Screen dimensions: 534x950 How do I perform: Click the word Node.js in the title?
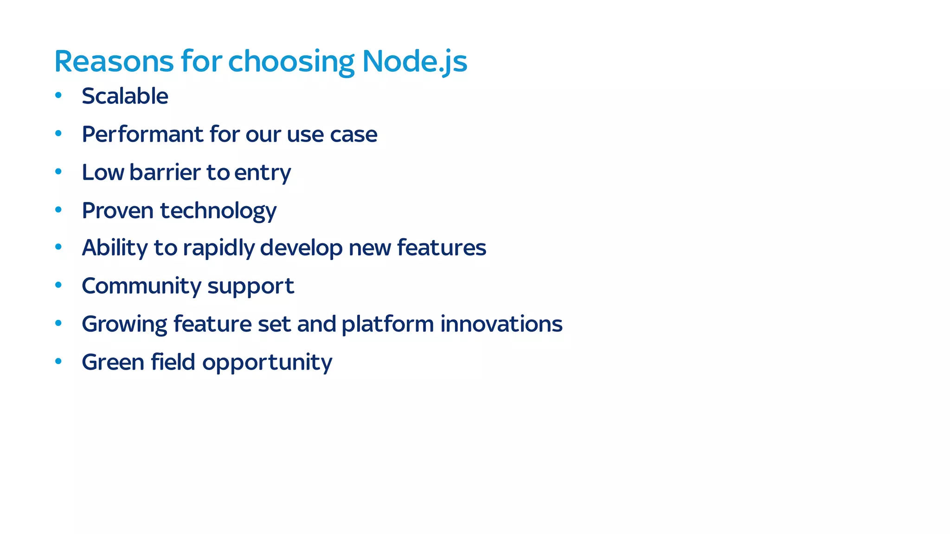pos(414,61)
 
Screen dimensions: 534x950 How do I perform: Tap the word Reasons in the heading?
pos(114,61)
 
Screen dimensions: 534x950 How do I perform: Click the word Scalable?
pos(125,96)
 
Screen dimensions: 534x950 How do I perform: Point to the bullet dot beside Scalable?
pos(58,95)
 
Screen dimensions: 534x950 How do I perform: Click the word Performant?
pos(142,134)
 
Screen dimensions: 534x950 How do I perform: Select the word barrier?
pos(166,172)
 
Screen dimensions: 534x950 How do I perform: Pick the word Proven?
pos(118,210)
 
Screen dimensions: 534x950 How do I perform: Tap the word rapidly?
pos(218,248)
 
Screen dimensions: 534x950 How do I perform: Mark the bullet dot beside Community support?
pos(58,285)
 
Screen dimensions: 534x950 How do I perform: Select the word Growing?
pos(124,325)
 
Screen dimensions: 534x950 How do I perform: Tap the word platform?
pos(388,325)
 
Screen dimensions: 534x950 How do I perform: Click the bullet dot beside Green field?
pos(58,361)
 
